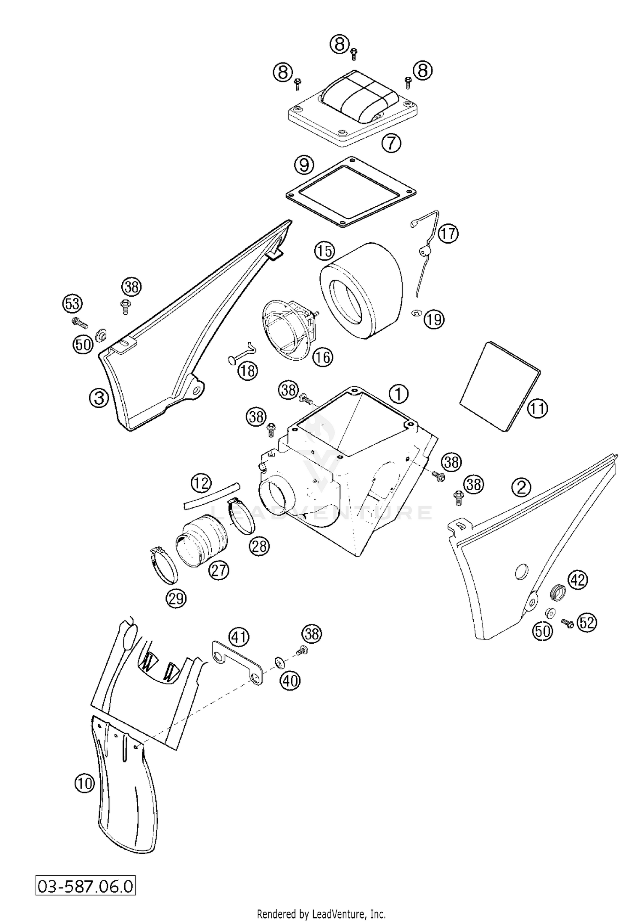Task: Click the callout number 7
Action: point(391,143)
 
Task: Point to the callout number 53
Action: point(72,304)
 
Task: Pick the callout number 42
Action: point(577,580)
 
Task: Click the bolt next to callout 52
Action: point(567,624)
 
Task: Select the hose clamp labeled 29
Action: point(165,565)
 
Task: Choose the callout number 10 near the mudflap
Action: point(84,784)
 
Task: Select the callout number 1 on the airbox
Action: point(398,393)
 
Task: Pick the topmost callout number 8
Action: point(340,44)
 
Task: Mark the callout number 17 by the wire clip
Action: point(448,234)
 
